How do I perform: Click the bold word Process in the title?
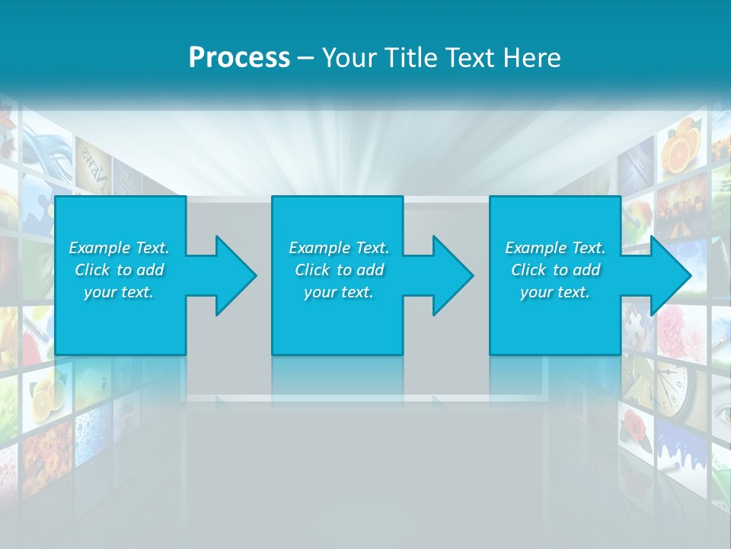click(239, 58)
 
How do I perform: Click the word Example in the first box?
click(99, 248)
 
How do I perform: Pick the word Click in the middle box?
click(312, 270)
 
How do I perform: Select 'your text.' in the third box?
click(554, 292)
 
